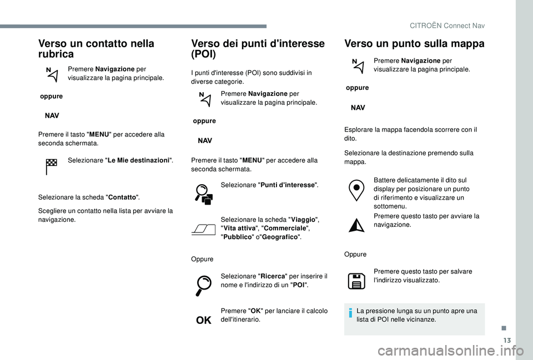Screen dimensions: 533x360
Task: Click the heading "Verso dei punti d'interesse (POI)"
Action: pyautogui.click(x=258, y=48)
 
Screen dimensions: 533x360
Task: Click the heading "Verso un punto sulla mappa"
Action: pyautogui.click(x=414, y=43)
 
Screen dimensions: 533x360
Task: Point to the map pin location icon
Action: pyautogui.click(x=358, y=190)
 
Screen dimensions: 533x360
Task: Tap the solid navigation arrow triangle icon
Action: pyautogui.click(x=358, y=224)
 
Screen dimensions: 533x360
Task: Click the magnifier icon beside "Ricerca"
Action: pyautogui.click(x=204, y=285)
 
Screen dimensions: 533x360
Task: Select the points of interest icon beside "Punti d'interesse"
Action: pyautogui.click(x=204, y=194)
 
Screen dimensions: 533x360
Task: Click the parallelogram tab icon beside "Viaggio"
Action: pyautogui.click(x=203, y=229)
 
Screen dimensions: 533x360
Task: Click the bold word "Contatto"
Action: pyautogui.click(x=122, y=197)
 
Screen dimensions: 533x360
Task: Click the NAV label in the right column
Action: pyautogui.click(x=358, y=108)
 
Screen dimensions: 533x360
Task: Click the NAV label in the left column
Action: pyautogui.click(x=52, y=116)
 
